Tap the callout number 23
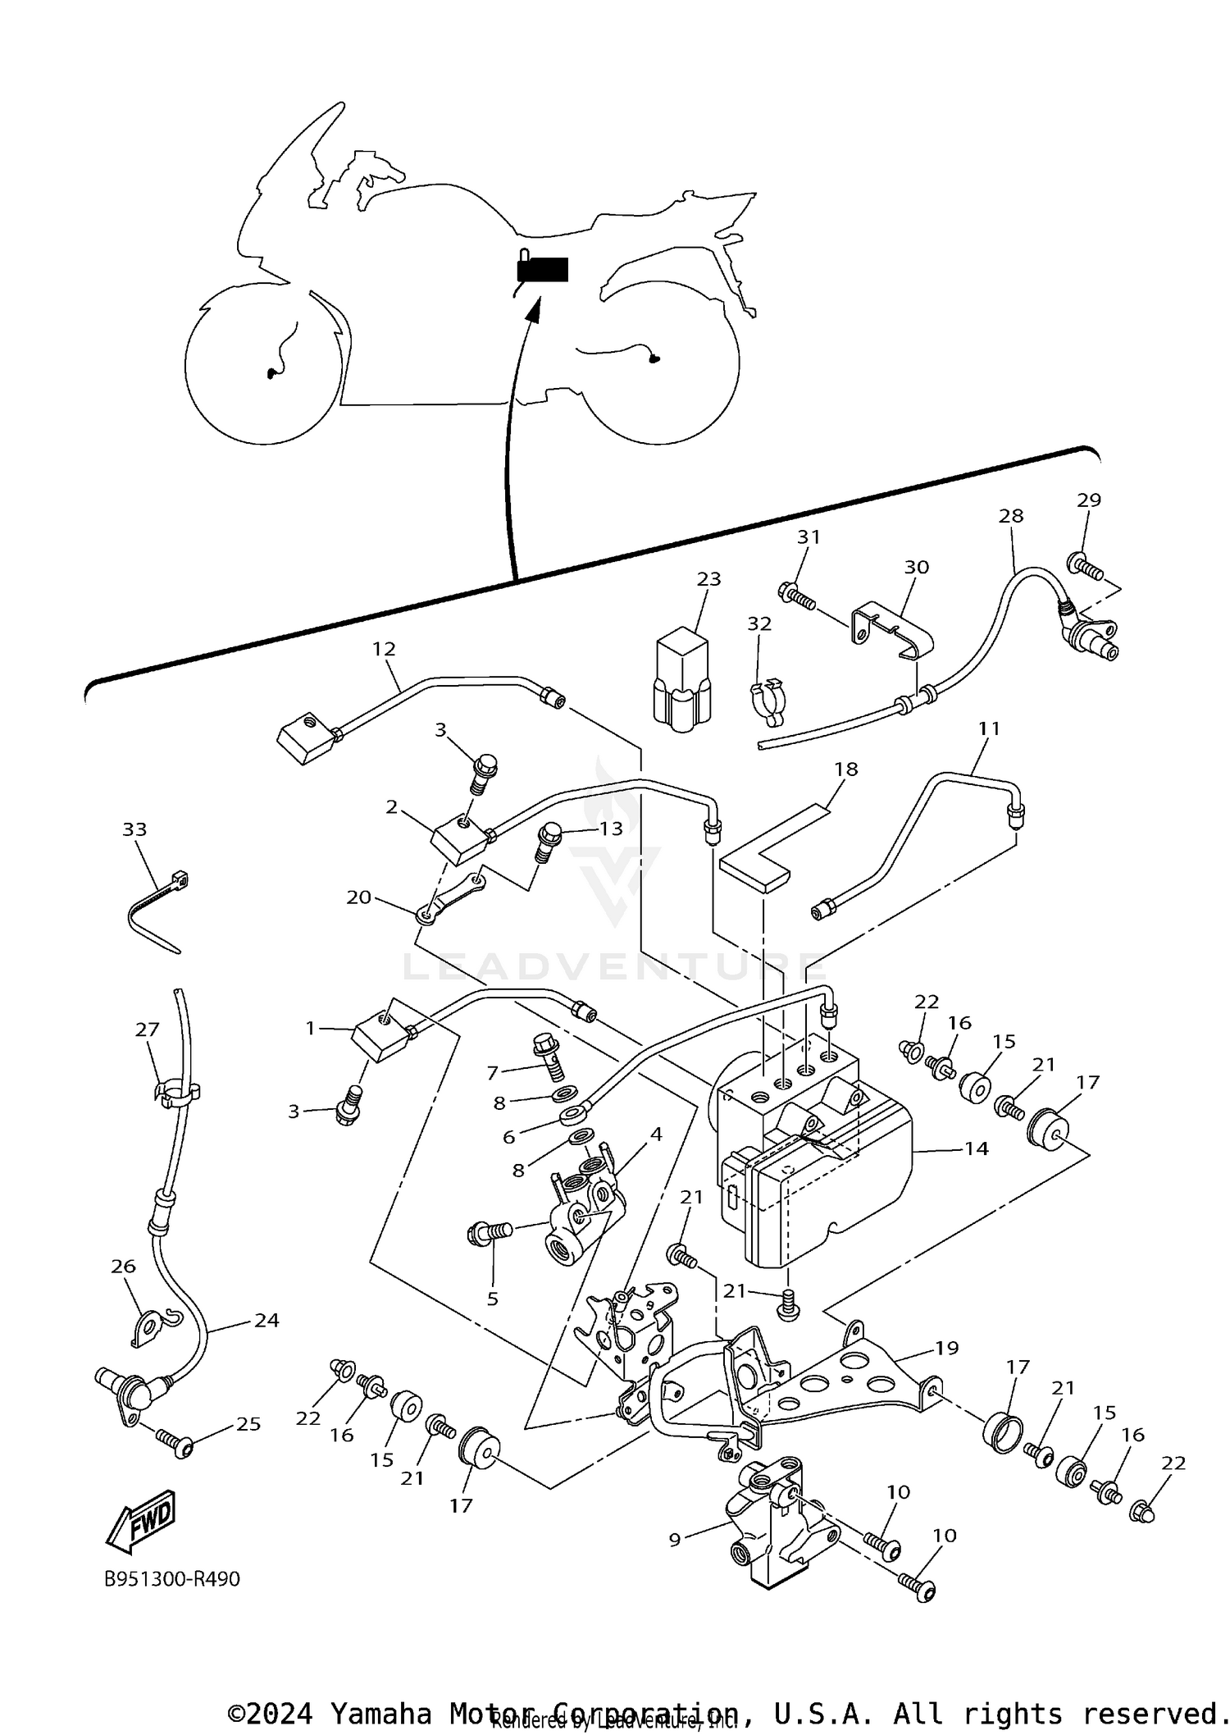[x=708, y=579]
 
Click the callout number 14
[x=976, y=1148]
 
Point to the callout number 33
[x=134, y=829]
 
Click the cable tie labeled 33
[x=156, y=912]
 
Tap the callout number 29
[x=1089, y=500]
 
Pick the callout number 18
[x=846, y=769]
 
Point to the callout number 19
[x=946, y=1348]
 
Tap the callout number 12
[x=384, y=649]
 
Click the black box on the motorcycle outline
[x=543, y=270]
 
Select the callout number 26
[x=123, y=1267]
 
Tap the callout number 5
[x=492, y=1299]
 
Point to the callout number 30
[x=916, y=567]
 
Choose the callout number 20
[x=358, y=897]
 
